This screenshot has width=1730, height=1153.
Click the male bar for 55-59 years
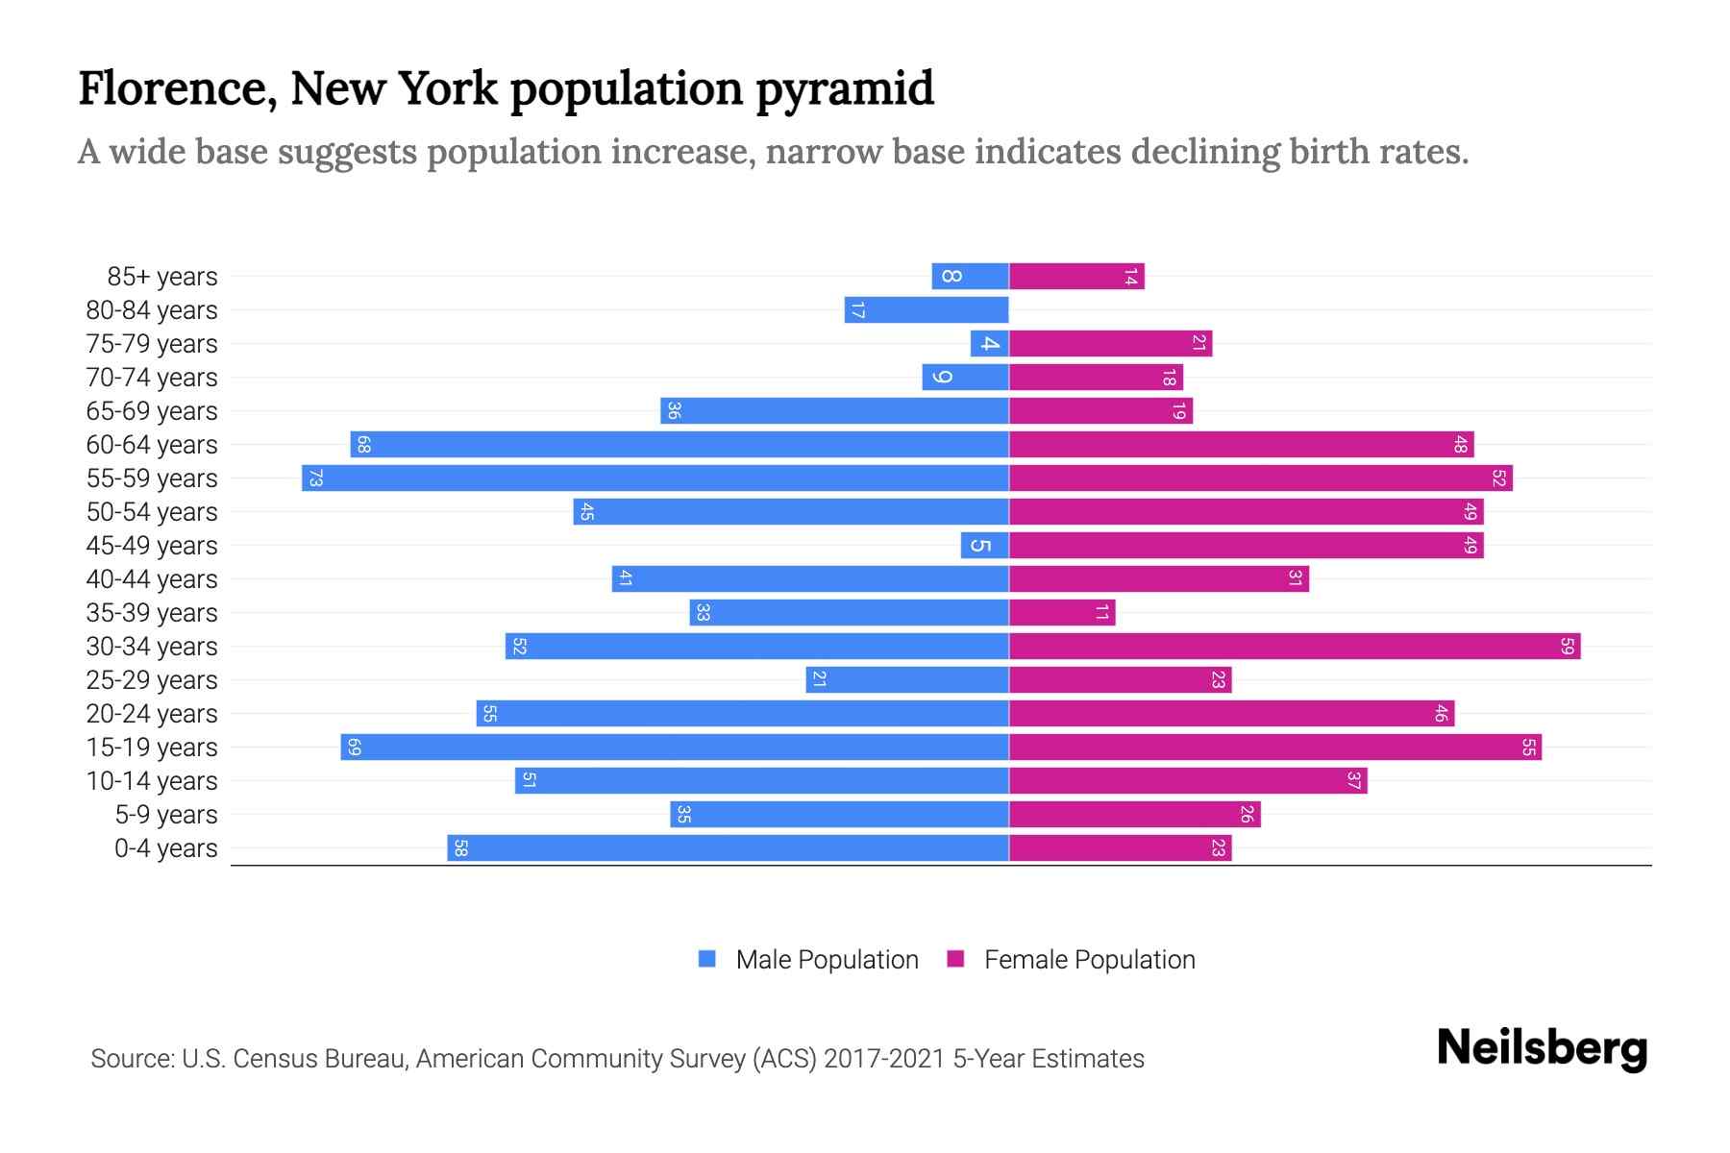655,478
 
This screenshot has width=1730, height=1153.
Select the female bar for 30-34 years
1295,646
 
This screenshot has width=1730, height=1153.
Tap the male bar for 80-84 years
927,309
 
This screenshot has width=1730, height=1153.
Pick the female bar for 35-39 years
1062,612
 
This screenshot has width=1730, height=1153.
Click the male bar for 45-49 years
984,545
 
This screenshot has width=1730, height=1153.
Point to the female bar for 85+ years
1076,276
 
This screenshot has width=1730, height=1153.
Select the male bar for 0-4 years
728,847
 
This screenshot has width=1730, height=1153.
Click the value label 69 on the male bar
354,747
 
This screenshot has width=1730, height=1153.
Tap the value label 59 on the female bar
1567,646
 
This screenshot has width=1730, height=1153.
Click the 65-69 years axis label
152,410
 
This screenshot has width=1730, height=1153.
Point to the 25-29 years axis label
152,679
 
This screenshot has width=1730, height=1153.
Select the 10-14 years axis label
152,780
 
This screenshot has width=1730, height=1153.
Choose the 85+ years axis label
161,276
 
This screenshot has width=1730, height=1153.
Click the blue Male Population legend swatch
707,959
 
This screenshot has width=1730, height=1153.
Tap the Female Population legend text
1089,959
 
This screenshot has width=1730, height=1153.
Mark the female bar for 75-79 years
1110,343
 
